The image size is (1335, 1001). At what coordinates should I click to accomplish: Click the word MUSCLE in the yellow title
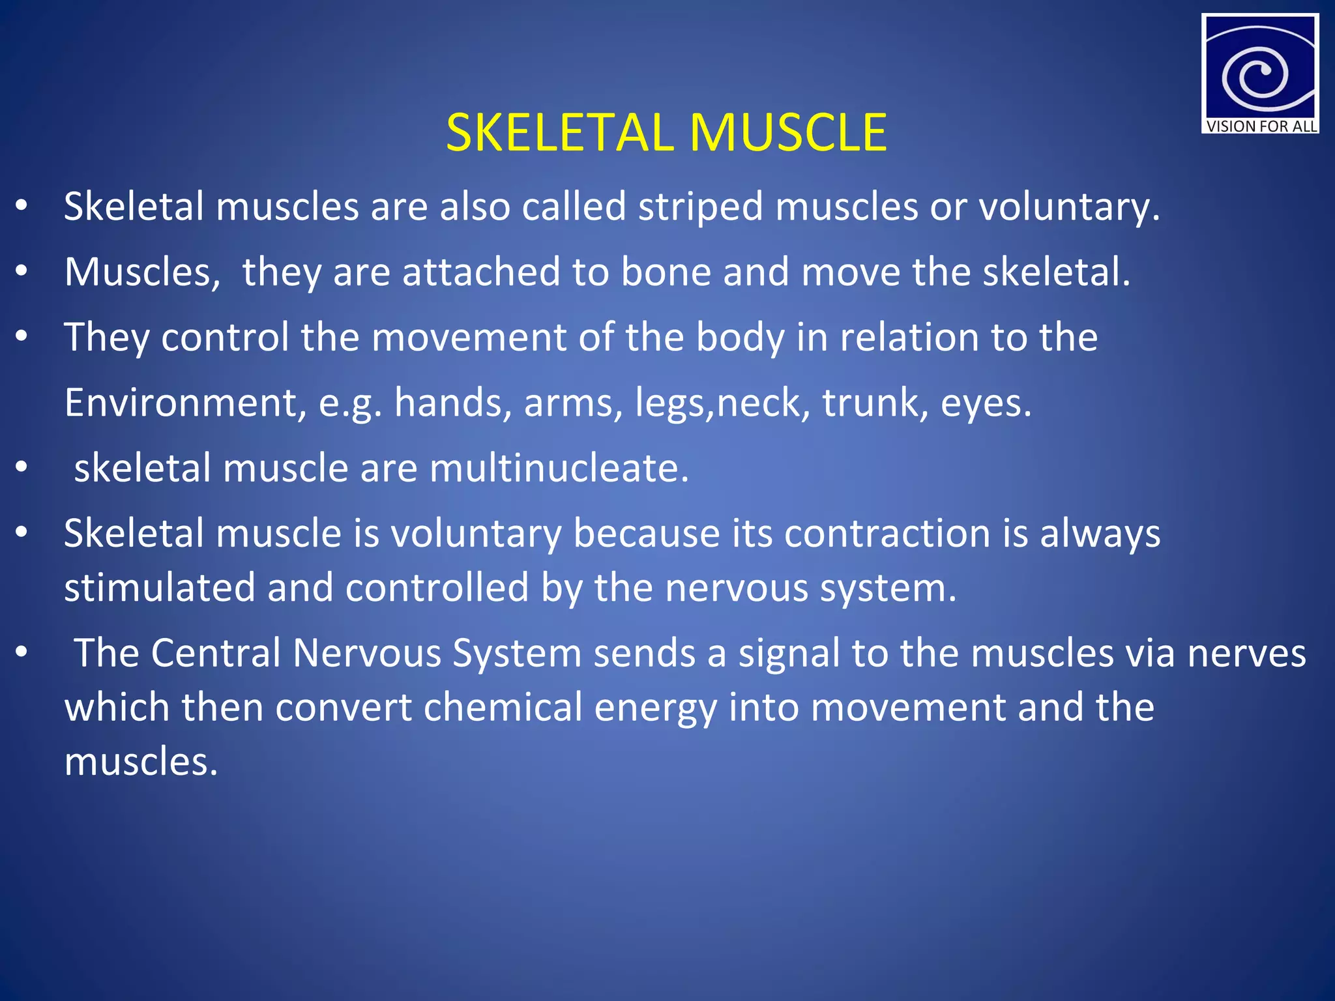[788, 133]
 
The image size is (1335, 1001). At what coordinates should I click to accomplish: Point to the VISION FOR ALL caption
[1261, 126]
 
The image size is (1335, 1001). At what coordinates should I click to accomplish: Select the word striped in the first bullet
[700, 207]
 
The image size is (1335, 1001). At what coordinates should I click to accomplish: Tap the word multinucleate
[559, 468]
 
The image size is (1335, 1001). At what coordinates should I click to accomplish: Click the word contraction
[887, 533]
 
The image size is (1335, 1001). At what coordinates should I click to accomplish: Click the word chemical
[503, 708]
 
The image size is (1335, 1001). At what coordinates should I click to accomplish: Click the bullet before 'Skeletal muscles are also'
[22, 206]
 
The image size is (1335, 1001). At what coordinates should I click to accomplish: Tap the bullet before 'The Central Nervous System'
[22, 652]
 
